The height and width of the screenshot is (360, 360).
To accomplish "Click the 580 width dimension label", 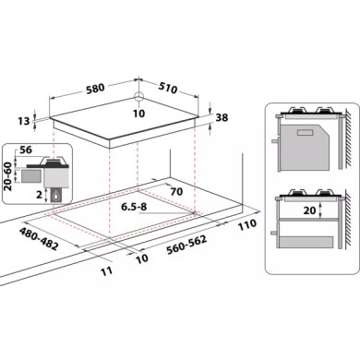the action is [95, 89].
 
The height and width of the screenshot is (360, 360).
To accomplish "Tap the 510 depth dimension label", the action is [168, 88].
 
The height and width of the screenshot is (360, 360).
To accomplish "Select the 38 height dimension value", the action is [222, 117].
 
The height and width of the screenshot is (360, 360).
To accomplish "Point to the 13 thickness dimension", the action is [23, 121].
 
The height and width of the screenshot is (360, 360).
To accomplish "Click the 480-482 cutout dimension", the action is [39, 239].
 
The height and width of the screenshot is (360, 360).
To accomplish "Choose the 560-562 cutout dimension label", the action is [186, 246].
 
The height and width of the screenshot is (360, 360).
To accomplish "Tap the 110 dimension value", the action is [247, 224].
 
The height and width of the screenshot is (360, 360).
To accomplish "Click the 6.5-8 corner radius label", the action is [134, 207].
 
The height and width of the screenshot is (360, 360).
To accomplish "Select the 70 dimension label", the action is [176, 192].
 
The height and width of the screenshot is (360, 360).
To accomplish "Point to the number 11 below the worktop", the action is [106, 271].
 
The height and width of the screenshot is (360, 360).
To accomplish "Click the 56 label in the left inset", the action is [26, 150].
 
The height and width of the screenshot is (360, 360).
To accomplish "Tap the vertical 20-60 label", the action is [8, 176].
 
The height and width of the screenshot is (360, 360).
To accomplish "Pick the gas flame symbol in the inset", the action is [56, 196].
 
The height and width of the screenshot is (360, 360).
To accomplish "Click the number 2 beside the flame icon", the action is [39, 195].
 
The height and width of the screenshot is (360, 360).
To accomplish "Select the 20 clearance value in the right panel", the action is [310, 210].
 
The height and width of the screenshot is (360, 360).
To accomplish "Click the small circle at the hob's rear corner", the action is [138, 96].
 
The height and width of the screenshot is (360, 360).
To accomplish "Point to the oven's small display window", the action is [306, 133].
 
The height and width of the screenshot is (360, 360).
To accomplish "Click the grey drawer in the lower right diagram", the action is [306, 242].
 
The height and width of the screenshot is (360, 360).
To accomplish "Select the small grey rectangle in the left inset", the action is [31, 176].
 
